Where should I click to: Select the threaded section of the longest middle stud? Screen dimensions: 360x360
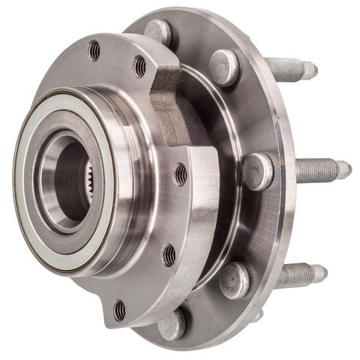(x=314, y=168)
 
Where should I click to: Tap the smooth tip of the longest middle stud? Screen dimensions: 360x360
(x=343, y=169)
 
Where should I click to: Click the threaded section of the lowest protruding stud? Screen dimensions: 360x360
(x=295, y=274)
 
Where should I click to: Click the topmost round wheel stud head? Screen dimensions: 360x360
(x=158, y=31)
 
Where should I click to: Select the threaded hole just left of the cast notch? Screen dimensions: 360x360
(x=139, y=67)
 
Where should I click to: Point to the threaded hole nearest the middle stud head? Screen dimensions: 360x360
(x=181, y=175)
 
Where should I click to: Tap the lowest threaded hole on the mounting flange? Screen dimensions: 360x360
(x=119, y=307)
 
